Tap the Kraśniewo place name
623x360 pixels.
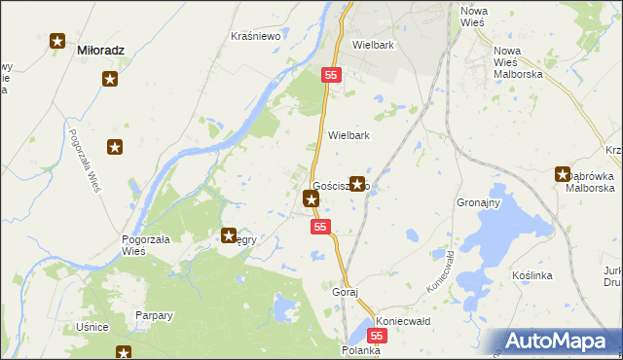point(255,36)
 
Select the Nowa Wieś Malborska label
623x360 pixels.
point(517,61)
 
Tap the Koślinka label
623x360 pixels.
point(531,275)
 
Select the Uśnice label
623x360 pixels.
point(92,327)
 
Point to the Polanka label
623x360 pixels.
point(359,348)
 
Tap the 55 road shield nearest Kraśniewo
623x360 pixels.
point(332,75)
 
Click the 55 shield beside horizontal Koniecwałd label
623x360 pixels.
point(379,335)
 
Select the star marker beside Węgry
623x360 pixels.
point(229,234)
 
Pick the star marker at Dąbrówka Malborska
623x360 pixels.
point(563,174)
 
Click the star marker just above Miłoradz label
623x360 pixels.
point(57,42)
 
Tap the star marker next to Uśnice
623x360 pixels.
point(124,353)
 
